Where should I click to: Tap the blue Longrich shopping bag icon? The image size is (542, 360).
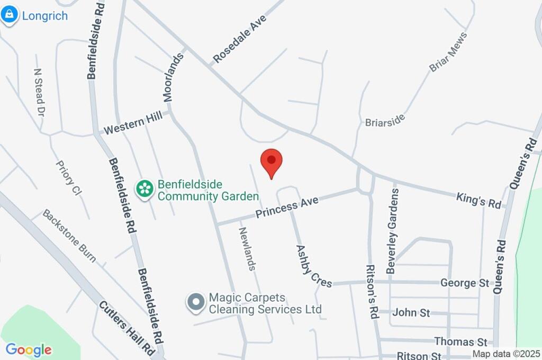[9, 15]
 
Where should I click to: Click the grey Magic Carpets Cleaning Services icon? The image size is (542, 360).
[196, 302]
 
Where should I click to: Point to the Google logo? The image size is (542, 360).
[29, 350]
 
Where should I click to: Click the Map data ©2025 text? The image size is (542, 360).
[506, 354]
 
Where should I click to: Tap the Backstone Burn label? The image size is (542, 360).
[69, 236]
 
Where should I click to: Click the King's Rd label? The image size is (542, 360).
[478, 201]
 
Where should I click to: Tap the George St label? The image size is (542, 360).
[465, 283]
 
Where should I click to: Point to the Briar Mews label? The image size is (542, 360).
[448, 52]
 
